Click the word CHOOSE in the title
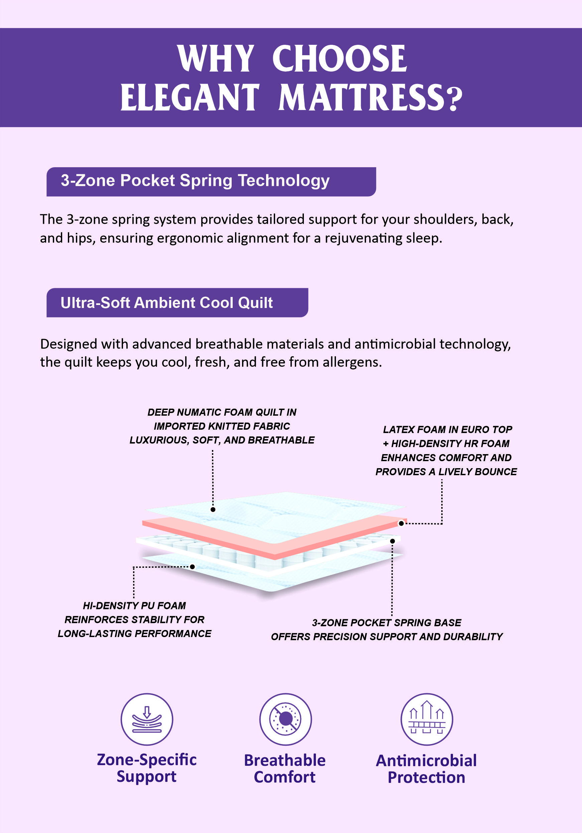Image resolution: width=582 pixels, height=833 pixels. (339, 59)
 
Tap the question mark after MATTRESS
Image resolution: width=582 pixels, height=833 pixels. (454, 98)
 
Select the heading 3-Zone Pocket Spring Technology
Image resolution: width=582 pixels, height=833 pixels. (195, 181)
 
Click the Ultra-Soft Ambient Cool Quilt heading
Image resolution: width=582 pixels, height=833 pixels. (166, 303)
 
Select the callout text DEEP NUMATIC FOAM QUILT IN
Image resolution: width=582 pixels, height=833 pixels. (222, 412)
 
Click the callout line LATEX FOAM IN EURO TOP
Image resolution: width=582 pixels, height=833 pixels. (448, 430)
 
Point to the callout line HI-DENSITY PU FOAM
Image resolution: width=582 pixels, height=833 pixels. (134, 606)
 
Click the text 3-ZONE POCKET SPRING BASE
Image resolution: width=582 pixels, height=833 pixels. (386, 623)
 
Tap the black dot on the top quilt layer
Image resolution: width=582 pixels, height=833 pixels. (213, 510)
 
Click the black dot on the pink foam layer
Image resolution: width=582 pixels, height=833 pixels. (401, 523)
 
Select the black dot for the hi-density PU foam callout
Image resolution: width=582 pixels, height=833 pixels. (193, 567)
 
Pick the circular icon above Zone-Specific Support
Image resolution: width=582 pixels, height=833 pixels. (147, 719)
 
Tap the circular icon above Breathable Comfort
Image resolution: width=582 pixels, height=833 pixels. (285, 719)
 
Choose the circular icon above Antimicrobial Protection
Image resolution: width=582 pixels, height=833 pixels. (427, 719)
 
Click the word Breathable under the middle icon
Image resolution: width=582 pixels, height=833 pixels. (285, 760)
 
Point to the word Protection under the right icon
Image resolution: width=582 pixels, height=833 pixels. (427, 777)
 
